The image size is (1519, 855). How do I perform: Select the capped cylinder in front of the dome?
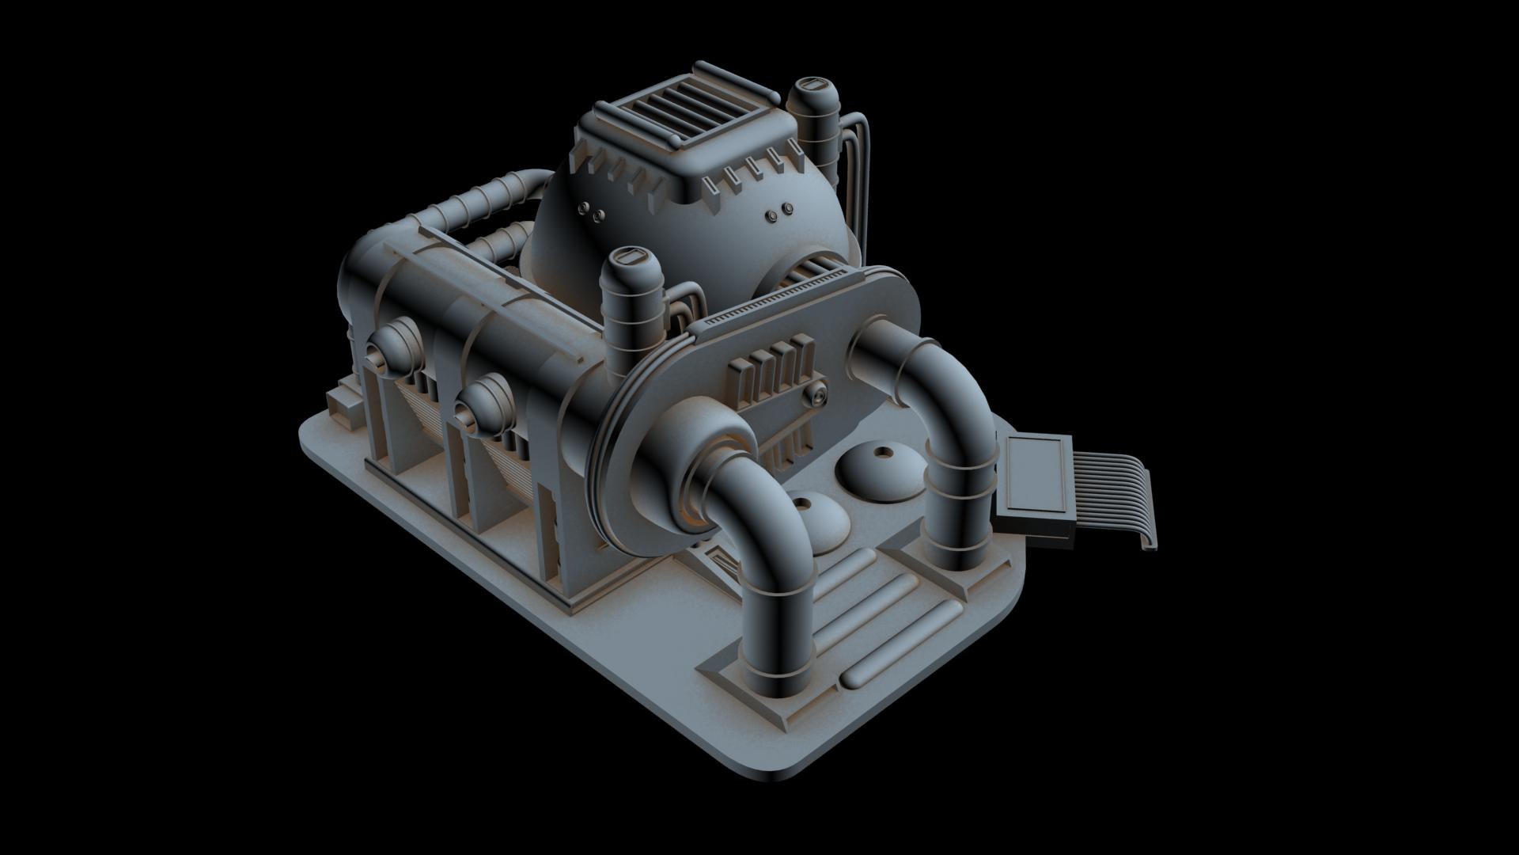coord(633,305)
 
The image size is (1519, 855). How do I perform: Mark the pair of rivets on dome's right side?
coord(778,211)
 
